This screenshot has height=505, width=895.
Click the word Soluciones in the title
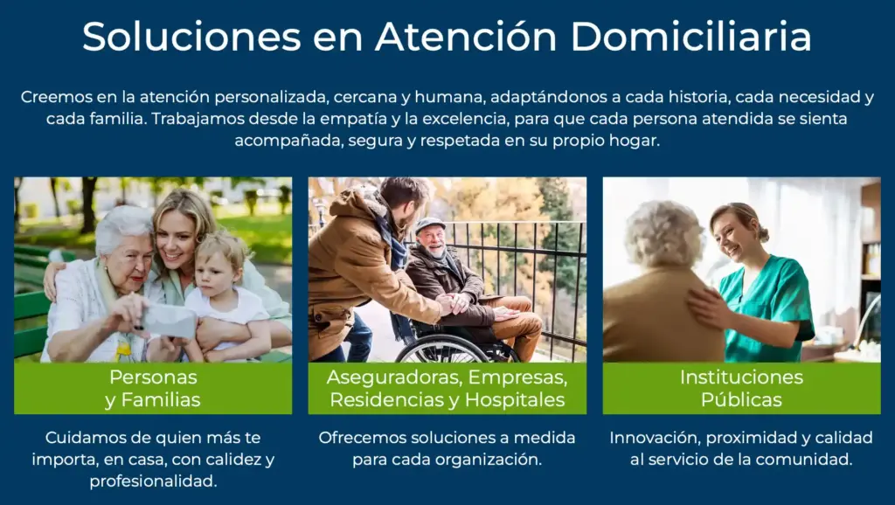pyautogui.click(x=191, y=37)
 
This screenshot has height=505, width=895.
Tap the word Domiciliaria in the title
pyautogui.click(x=690, y=37)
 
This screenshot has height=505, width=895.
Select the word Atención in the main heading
pyautogui.click(x=466, y=37)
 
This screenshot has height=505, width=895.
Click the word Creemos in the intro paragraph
pyautogui.click(x=55, y=97)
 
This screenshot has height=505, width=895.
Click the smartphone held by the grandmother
pyautogui.click(x=170, y=321)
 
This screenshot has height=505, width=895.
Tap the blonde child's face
pyautogui.click(x=218, y=269)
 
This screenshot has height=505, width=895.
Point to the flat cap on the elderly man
pyautogui.click(x=429, y=225)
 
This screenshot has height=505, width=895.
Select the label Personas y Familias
pyautogui.click(x=153, y=389)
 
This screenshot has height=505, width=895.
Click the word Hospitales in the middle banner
pyautogui.click(x=515, y=400)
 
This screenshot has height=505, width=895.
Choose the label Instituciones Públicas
pyautogui.click(x=741, y=389)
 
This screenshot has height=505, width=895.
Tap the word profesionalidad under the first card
pyautogui.click(x=153, y=481)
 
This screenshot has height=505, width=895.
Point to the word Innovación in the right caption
pyautogui.click(x=655, y=438)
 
